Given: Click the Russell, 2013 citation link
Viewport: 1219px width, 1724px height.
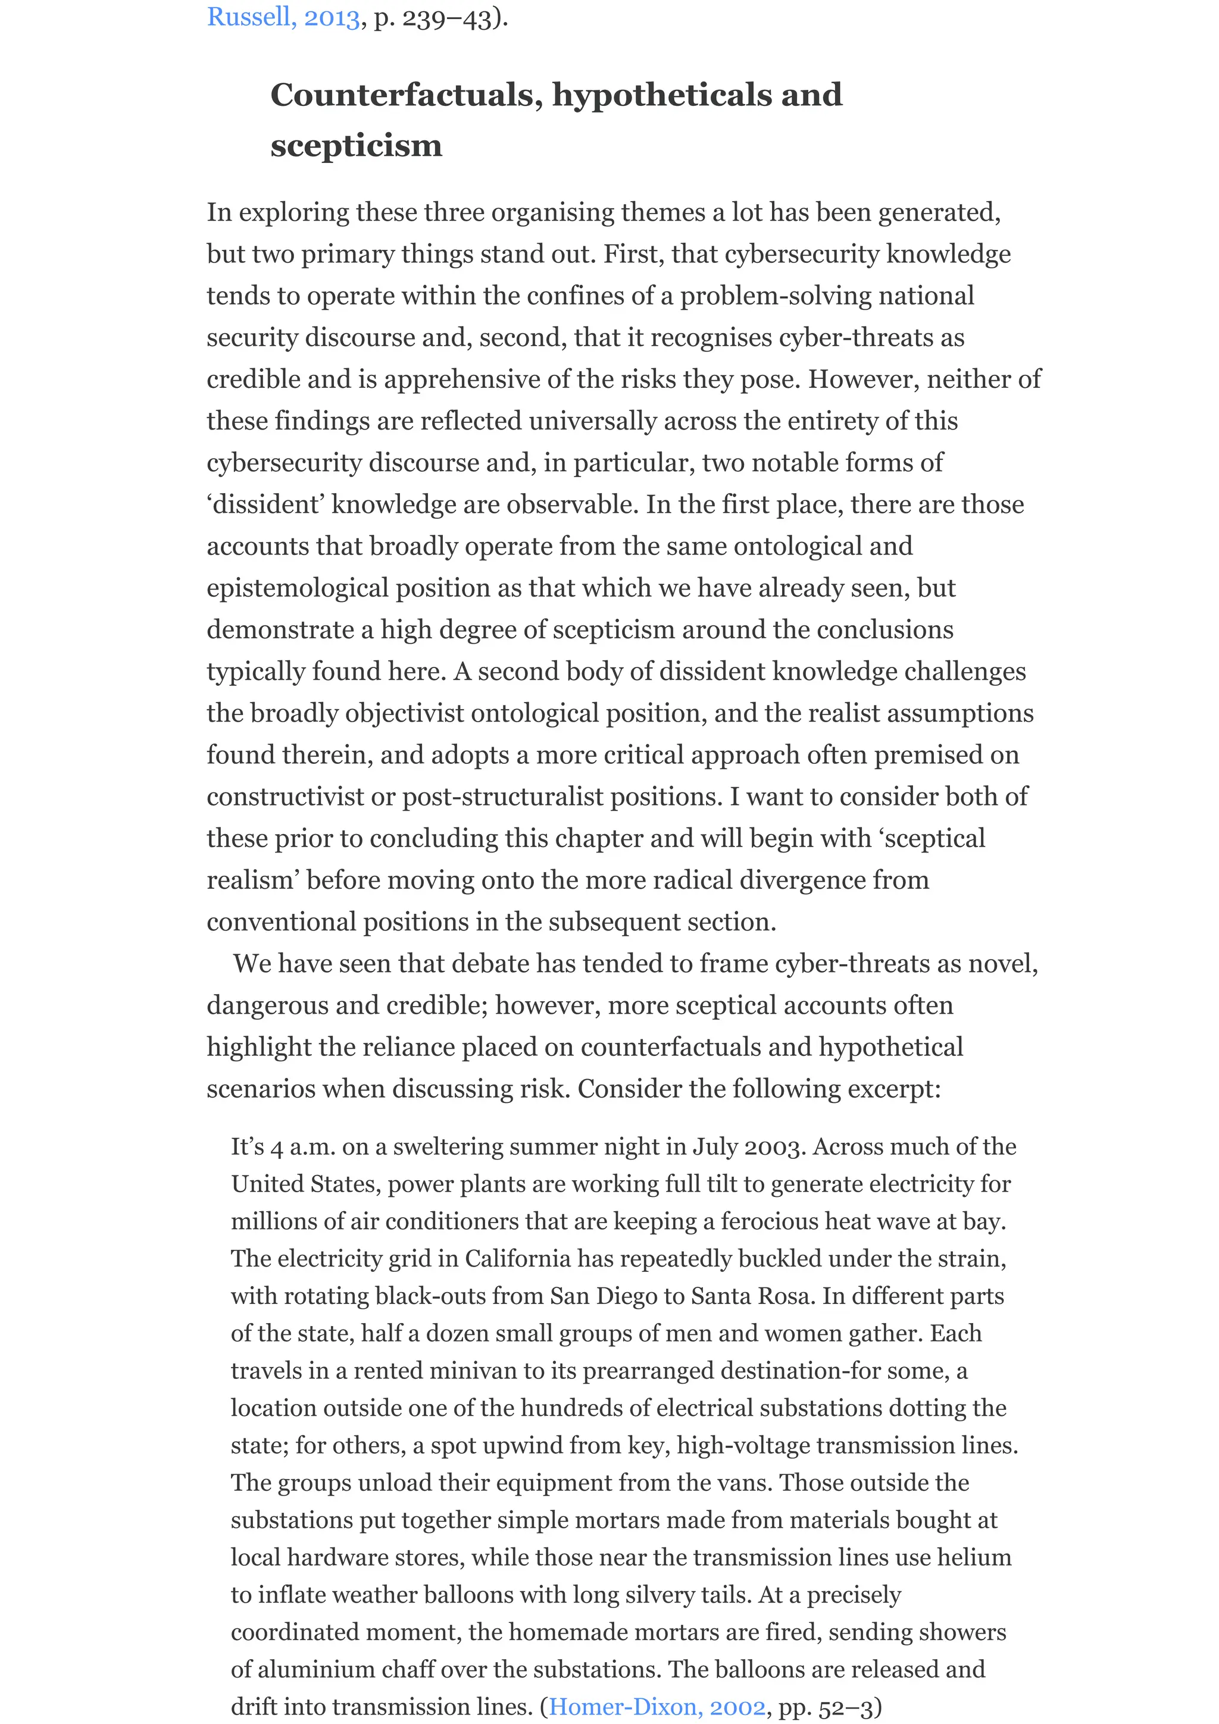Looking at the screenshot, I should point(283,17).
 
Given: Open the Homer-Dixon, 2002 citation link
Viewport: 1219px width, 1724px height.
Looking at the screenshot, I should point(657,1707).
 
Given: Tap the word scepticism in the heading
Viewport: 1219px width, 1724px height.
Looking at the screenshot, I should point(356,145).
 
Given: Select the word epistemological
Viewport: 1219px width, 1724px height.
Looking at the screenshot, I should point(298,587).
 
